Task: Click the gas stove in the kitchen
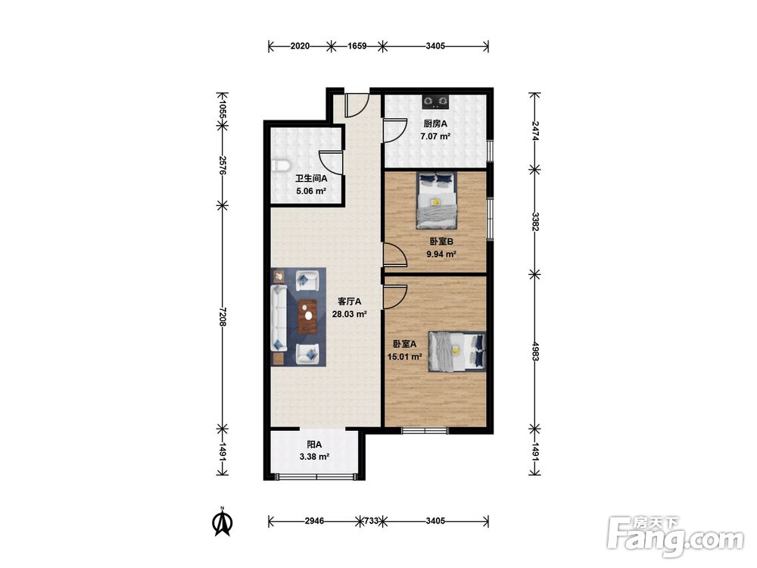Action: click(436, 101)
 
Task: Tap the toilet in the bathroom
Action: click(279, 166)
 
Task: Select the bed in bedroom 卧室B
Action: click(437, 200)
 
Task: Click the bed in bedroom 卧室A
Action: click(456, 351)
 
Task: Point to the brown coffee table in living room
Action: click(307, 317)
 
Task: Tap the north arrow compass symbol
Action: click(223, 522)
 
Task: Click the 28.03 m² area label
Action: click(349, 314)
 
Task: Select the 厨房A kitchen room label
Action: click(435, 123)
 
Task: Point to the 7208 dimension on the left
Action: click(222, 317)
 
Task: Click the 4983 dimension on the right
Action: click(534, 351)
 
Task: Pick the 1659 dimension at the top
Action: click(357, 46)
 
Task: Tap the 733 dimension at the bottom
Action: click(371, 521)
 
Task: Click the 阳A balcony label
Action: click(314, 445)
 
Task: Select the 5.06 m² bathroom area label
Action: click(311, 191)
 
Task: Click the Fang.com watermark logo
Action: click(675, 537)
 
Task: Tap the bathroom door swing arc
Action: click(330, 163)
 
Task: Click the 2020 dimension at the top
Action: click(300, 46)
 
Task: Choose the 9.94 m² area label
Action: click(441, 254)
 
